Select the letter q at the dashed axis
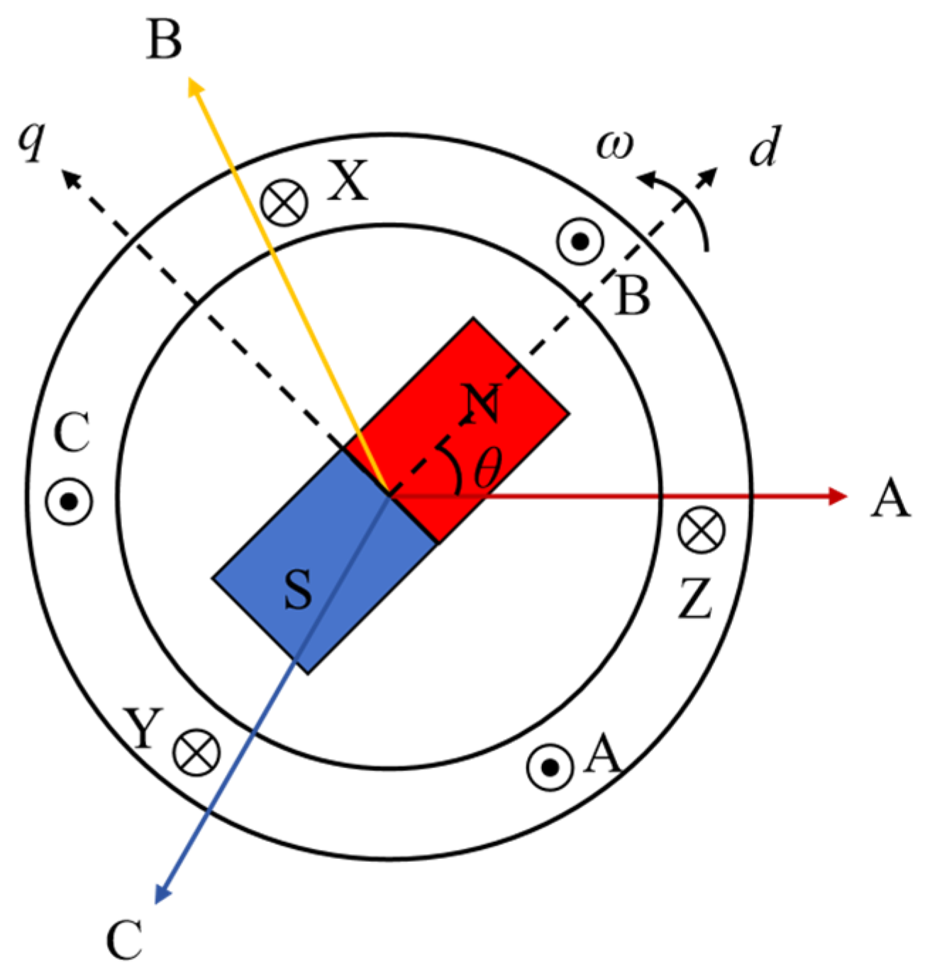(32, 140)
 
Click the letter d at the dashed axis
(765, 147)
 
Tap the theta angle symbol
(487, 469)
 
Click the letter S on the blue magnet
(298, 590)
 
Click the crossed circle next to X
(284, 202)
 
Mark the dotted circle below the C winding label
(69, 501)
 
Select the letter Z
(695, 598)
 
